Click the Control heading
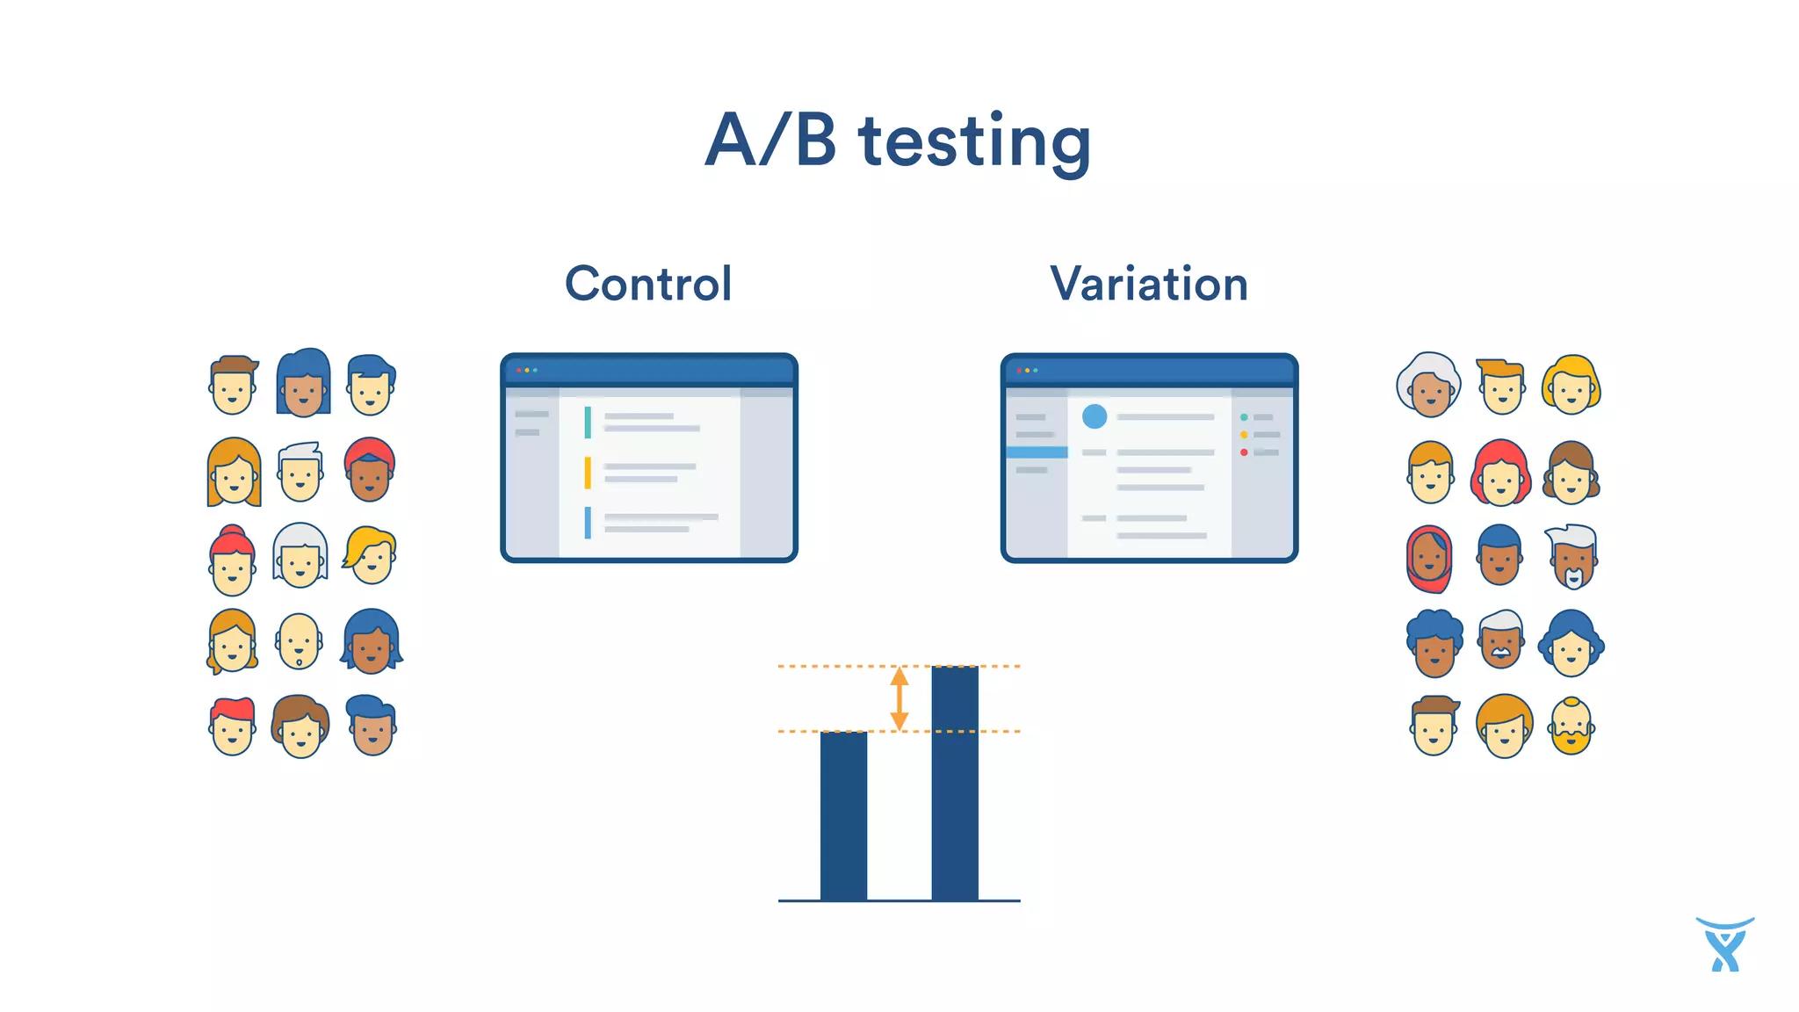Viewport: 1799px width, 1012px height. (648, 284)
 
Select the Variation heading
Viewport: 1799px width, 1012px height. (1149, 284)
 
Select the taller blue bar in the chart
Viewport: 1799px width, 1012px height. (955, 782)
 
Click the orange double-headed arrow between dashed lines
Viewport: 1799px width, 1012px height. (899, 698)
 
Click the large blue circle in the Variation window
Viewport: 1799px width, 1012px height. (1095, 416)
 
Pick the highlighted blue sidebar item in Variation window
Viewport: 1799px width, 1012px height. (1037, 452)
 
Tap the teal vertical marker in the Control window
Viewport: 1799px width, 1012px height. (588, 423)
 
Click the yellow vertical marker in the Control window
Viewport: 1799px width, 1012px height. (588, 473)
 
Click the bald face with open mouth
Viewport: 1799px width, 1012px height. (299, 640)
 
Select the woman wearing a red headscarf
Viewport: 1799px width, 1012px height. (1430, 559)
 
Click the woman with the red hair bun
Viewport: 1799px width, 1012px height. (233, 560)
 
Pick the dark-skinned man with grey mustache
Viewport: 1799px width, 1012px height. (1500, 640)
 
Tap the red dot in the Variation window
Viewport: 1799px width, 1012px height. (1244, 452)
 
